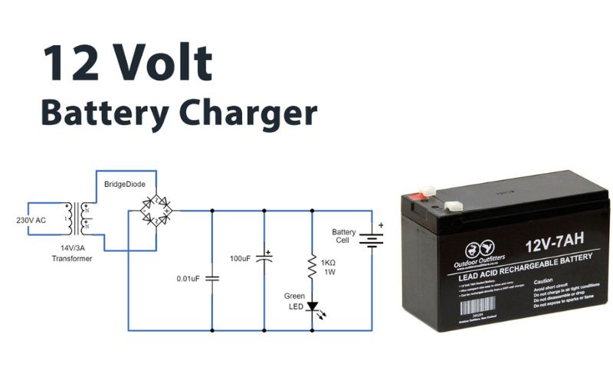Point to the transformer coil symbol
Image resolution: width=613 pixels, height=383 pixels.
(x=77, y=218)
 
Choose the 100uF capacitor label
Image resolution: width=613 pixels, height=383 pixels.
(x=240, y=259)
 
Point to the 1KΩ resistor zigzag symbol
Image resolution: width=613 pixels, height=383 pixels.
(x=313, y=265)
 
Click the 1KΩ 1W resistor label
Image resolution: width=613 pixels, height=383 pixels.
(x=329, y=265)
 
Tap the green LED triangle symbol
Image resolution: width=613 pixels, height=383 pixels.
(x=313, y=306)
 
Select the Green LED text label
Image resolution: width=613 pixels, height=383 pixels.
(x=294, y=301)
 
